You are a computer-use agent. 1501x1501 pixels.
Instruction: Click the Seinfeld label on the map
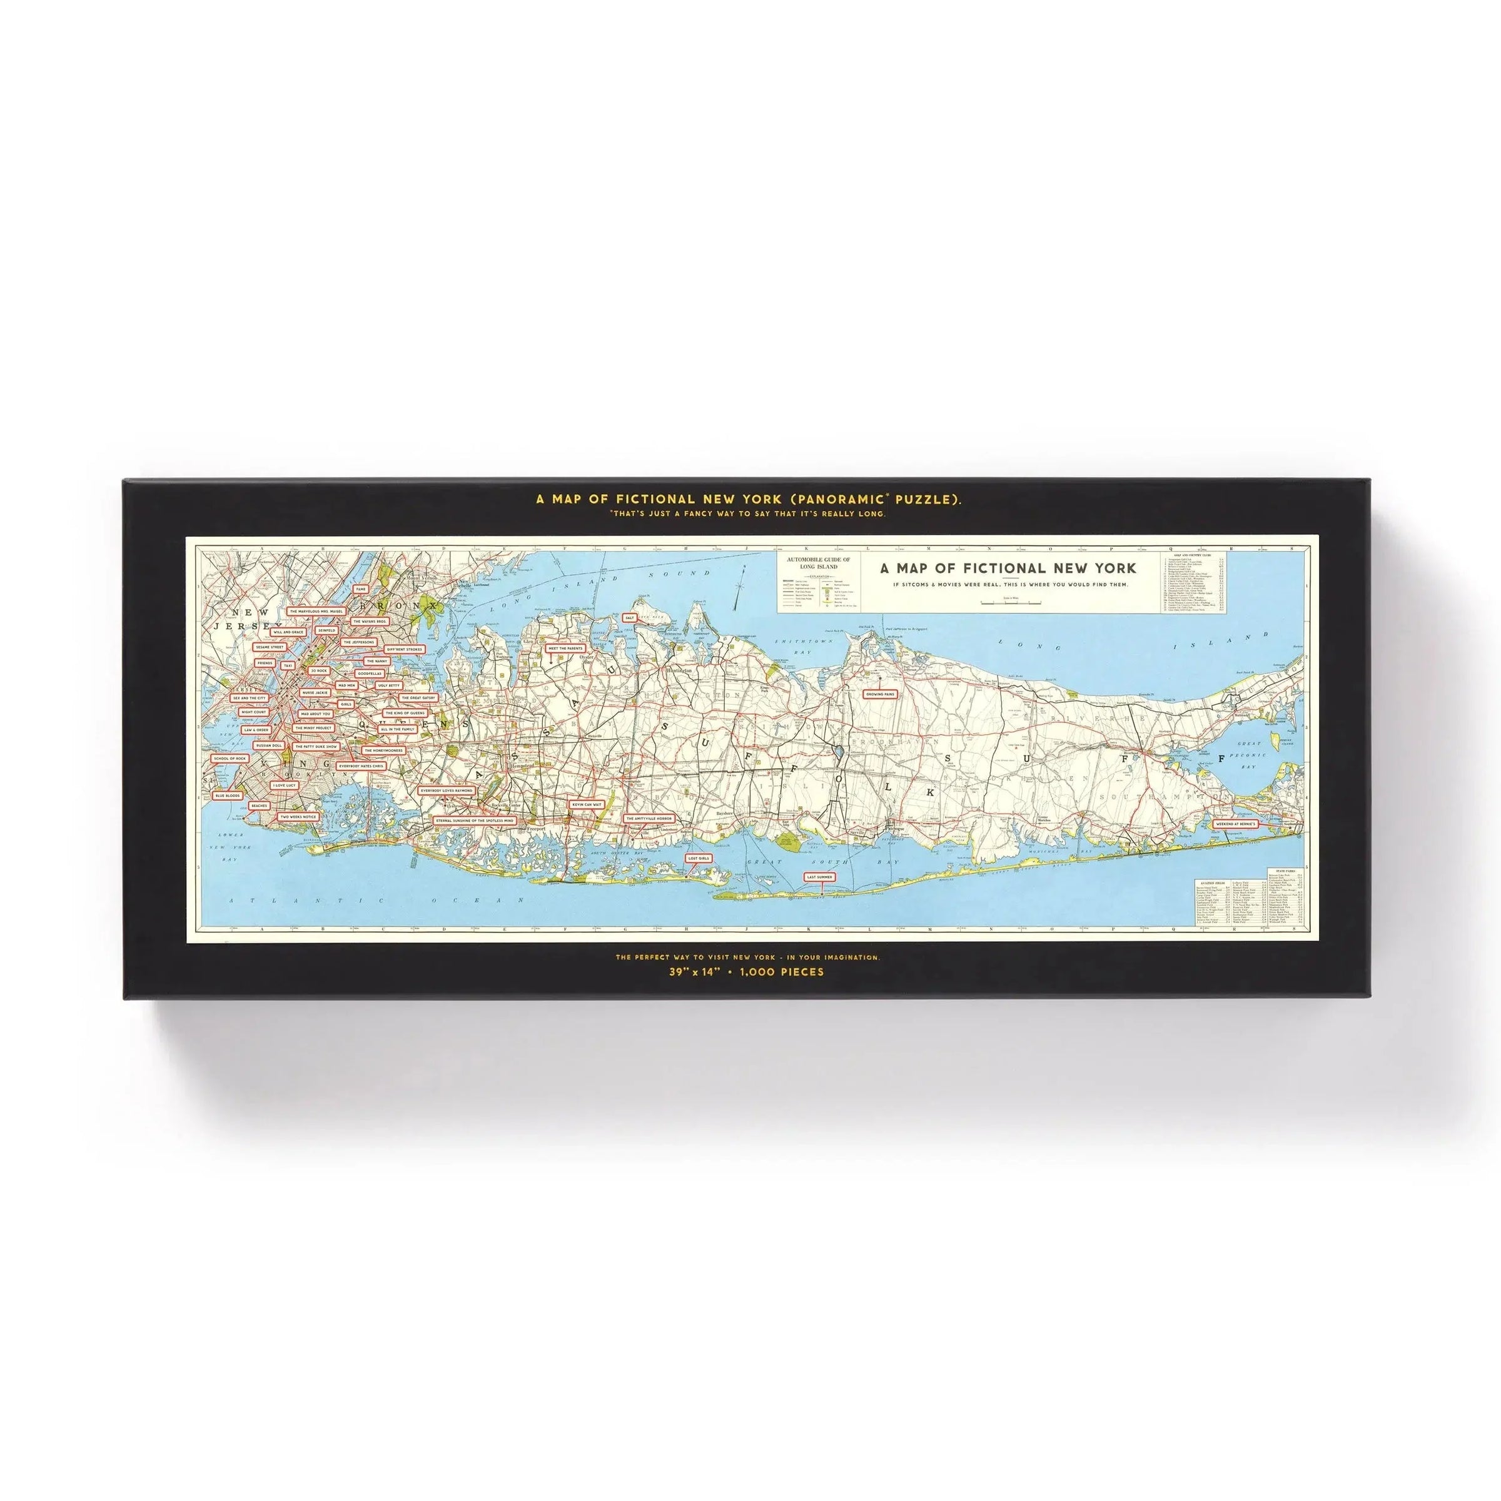[x=326, y=631]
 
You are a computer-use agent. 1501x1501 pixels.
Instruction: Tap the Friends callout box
[x=265, y=663]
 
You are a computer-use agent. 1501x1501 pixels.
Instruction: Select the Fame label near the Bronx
[x=360, y=589]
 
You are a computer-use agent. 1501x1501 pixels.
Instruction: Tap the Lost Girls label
[x=699, y=859]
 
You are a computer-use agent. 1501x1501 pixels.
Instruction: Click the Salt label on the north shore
[x=630, y=618]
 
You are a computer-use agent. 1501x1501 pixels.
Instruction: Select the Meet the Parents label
[x=565, y=648]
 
